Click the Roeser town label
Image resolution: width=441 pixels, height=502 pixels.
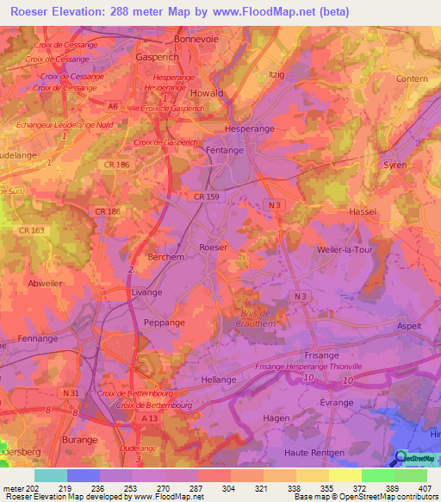tap(213, 247)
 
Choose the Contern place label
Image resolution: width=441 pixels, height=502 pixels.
tap(412, 78)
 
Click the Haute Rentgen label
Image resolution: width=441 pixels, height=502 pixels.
tap(314, 452)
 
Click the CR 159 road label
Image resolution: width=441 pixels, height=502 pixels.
tap(208, 198)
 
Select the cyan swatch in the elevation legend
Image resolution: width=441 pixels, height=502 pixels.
tap(51, 475)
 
